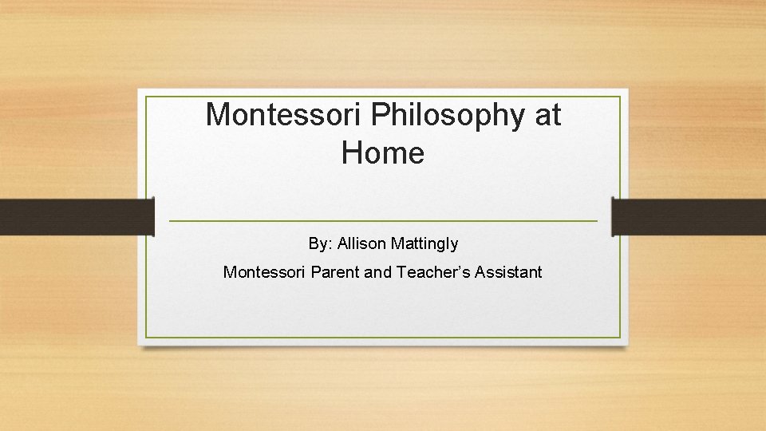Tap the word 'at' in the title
[547, 115]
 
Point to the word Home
[383, 152]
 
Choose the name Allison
[360, 243]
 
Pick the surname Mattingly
[424, 243]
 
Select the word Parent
[334, 272]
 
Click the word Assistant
[509, 272]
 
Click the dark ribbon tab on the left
[76, 216]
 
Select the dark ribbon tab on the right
[689, 216]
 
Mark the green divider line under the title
[383, 220]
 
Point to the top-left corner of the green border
[147, 97]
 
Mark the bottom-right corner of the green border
[620, 337]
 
